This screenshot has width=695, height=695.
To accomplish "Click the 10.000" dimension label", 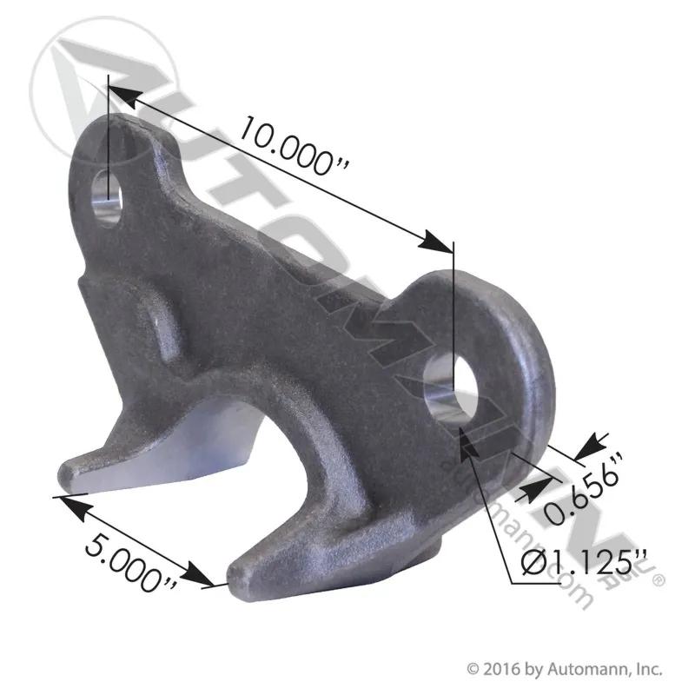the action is tap(295, 146).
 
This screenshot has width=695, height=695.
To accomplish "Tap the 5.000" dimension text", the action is tap(131, 563).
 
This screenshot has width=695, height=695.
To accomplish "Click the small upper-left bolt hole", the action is tap(106, 198).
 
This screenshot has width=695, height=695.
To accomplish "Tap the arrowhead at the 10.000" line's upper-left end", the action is tap(124, 96).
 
